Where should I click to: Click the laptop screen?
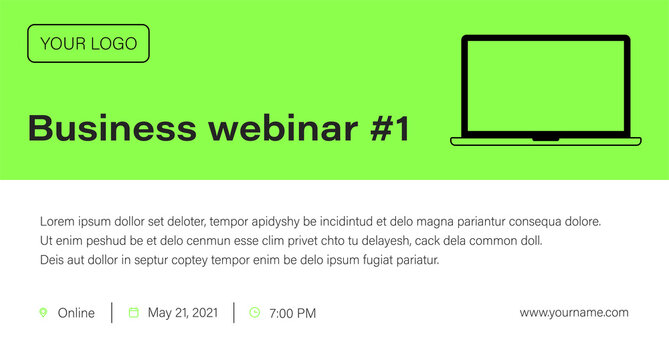546,86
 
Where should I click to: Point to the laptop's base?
546,141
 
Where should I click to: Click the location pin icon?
43,313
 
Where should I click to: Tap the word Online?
76,313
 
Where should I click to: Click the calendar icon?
134,313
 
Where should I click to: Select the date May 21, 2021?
182,313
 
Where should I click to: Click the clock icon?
254,313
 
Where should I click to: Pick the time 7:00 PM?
293,313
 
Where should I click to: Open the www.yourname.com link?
574,313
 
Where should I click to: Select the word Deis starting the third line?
51,260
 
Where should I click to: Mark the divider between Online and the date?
112,313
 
